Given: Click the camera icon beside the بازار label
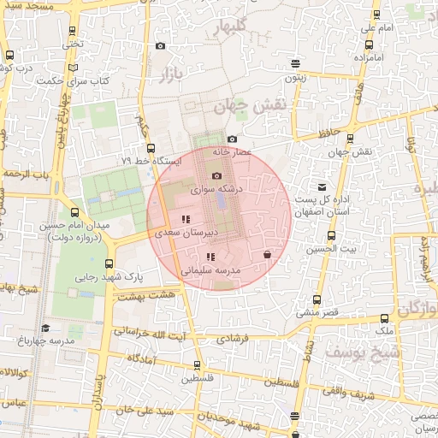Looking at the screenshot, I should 160,46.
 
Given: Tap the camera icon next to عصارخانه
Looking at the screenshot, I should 232,139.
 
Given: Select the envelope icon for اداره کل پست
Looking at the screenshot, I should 322,186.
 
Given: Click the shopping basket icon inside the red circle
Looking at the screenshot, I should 268,254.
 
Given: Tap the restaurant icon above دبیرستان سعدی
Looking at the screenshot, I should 186,220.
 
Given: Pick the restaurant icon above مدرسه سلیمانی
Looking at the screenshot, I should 210,257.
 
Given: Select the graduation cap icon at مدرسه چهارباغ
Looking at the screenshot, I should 44,327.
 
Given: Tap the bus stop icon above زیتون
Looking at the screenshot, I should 295,63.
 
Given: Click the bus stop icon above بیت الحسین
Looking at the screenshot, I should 331,236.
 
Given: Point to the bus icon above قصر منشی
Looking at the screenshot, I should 317,300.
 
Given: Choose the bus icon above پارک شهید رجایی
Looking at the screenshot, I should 109,264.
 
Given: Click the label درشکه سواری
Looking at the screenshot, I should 216,187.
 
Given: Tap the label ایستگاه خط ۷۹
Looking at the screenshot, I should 151,160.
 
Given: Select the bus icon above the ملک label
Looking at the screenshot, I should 383,318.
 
